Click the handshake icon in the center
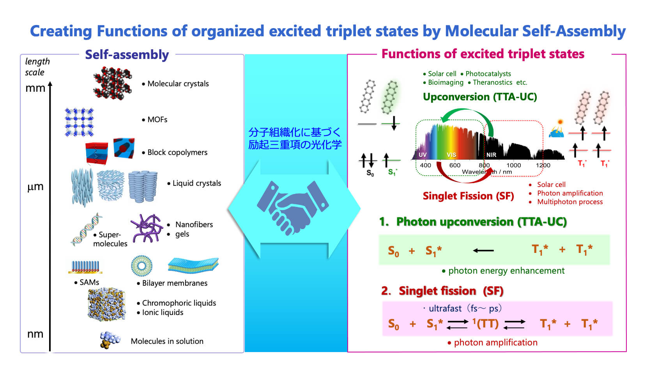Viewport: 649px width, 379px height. (293, 208)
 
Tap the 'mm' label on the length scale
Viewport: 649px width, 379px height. (35, 88)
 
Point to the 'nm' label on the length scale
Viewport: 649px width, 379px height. (35, 334)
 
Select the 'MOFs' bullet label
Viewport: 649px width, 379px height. (155, 119)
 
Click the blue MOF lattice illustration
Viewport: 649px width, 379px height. (80, 122)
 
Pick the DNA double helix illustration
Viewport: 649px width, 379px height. (87, 229)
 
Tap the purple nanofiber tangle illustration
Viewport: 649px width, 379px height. (147, 228)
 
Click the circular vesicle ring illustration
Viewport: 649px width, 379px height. (141, 265)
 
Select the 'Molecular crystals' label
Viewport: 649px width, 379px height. (175, 84)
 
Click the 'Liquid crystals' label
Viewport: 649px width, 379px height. (195, 183)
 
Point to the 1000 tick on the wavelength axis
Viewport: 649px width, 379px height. (514, 165)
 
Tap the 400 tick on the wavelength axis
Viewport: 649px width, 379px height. (425, 165)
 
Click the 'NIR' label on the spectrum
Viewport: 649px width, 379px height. (492, 155)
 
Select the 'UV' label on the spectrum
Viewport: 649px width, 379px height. (423, 155)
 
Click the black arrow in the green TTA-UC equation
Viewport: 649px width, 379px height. (483, 251)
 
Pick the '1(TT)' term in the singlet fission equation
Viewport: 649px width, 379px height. (485, 323)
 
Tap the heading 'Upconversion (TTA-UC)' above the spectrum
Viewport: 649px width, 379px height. (480, 97)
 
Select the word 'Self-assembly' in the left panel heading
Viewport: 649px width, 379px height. (127, 55)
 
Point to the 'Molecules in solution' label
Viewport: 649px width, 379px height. (167, 341)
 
